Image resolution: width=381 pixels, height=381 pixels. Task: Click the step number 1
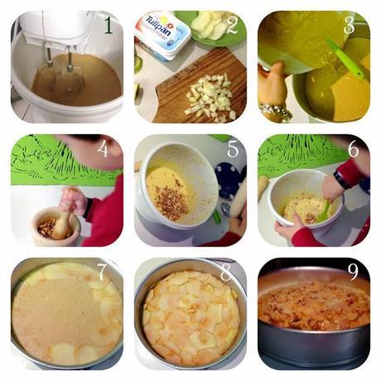109,26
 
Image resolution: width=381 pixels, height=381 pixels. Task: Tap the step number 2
232,26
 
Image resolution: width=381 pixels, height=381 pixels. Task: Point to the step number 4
103,150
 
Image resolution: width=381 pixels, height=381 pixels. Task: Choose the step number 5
233,150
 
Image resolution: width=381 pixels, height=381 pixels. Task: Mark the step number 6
353,150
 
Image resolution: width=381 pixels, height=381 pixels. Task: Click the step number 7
101,272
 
